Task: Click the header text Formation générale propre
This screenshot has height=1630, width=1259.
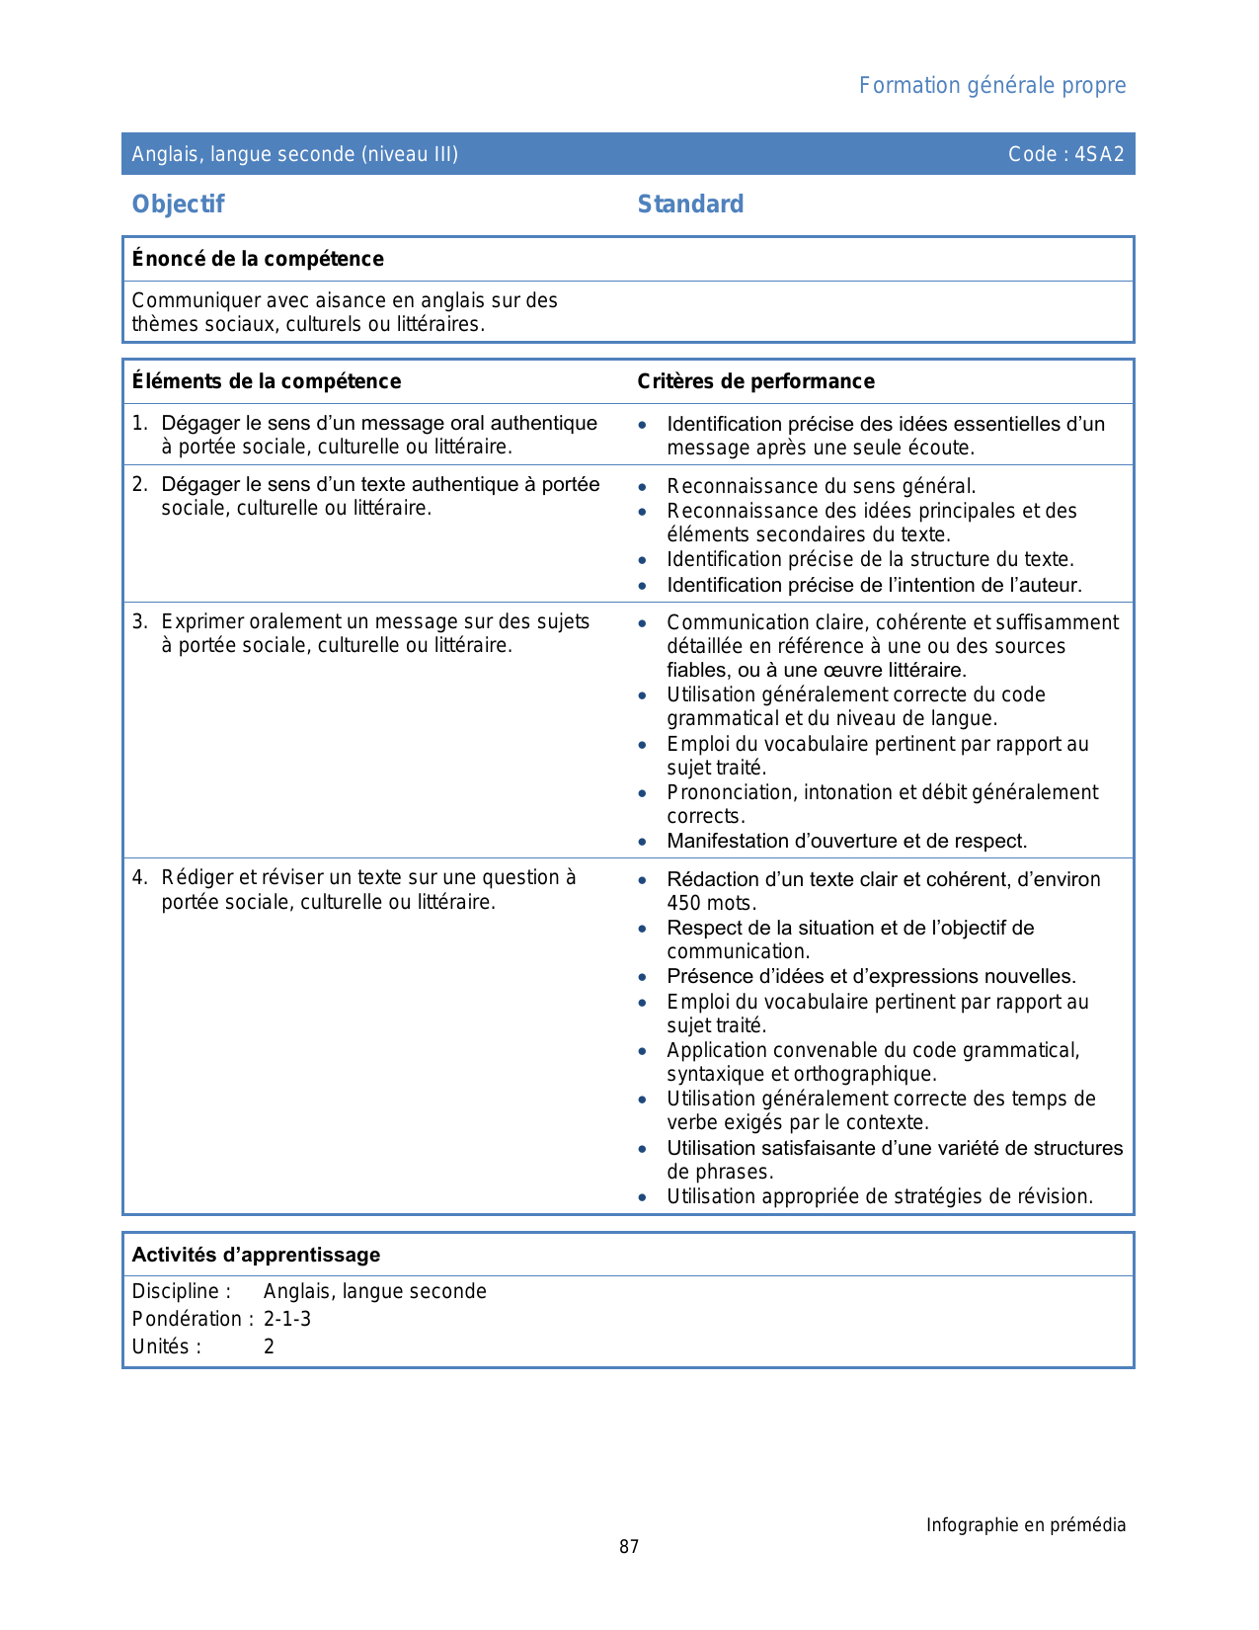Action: pos(991,86)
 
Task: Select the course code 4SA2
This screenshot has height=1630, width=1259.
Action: pos(1099,154)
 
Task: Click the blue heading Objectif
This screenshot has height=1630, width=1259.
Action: pos(178,204)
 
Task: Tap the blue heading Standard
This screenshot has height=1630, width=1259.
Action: pos(690,204)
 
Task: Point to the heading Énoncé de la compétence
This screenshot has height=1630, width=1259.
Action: pos(258,259)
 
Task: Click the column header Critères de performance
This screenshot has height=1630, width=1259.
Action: pos(755,381)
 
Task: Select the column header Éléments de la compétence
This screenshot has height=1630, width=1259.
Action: pos(267,381)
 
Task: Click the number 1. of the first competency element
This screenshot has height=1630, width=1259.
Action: pos(139,424)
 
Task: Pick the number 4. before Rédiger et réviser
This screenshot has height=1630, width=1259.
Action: pos(139,878)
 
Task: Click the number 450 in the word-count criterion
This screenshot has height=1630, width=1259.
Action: pos(683,903)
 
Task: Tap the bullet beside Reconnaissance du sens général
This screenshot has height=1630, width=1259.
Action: pos(643,487)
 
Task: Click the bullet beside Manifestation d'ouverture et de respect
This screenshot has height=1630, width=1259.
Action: pos(643,842)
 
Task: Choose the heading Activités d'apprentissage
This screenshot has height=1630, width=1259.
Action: pos(256,1255)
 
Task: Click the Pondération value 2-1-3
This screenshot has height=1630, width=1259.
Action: pos(286,1319)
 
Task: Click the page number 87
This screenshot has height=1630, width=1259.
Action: pos(629,1547)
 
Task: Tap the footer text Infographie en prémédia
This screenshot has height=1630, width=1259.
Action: pos(1025,1525)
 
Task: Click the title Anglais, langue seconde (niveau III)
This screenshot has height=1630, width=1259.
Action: pos(294,154)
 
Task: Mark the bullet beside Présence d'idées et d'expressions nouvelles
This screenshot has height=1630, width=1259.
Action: pos(643,977)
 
